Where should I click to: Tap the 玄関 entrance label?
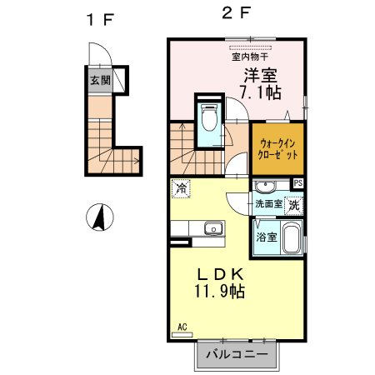99,82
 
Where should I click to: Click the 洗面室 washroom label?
267,203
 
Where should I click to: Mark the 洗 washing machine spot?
294,203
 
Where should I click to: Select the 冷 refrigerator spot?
179,188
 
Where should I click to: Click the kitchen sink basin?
212,227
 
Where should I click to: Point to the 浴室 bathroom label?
267,237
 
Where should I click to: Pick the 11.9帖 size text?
221,292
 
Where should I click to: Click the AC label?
182,327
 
